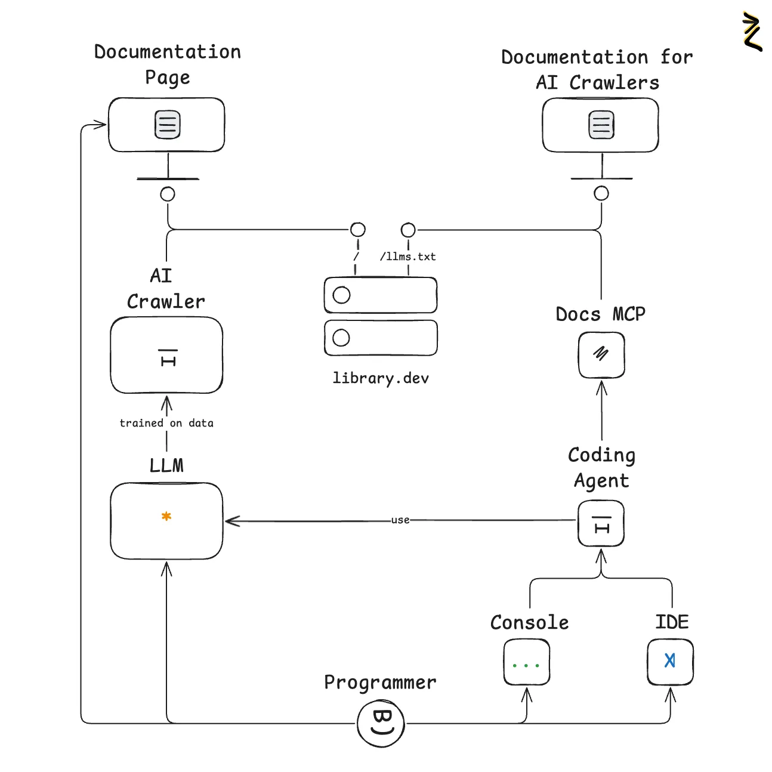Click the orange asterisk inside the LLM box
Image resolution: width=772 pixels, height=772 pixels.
(x=166, y=517)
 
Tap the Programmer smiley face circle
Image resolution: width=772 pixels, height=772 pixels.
(x=381, y=723)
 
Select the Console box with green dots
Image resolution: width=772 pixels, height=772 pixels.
(x=526, y=662)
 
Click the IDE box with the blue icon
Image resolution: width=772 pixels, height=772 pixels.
(x=670, y=662)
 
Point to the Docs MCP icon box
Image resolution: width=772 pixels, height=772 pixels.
(x=601, y=355)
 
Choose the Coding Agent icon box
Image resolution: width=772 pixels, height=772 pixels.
(x=601, y=524)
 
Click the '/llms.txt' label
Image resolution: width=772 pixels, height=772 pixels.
(x=408, y=257)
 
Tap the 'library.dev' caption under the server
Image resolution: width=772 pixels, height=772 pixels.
(x=381, y=378)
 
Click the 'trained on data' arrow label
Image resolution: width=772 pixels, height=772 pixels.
(x=166, y=423)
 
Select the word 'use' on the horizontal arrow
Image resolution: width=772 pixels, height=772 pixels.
(x=400, y=520)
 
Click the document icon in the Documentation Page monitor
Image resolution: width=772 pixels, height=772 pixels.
(x=168, y=125)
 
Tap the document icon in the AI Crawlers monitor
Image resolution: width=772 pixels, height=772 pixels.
(x=601, y=125)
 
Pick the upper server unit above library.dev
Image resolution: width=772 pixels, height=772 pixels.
(x=381, y=295)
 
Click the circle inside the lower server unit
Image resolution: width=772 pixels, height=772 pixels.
(x=341, y=338)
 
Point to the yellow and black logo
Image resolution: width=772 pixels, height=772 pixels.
(x=752, y=31)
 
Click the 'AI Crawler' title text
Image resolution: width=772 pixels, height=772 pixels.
(x=166, y=288)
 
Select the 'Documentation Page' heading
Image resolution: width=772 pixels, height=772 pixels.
(x=168, y=64)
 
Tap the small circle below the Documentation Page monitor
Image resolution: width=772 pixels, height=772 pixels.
(x=168, y=194)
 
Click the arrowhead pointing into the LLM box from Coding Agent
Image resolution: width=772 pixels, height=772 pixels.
(x=231, y=521)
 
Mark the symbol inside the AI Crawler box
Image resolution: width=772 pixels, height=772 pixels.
(x=168, y=357)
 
